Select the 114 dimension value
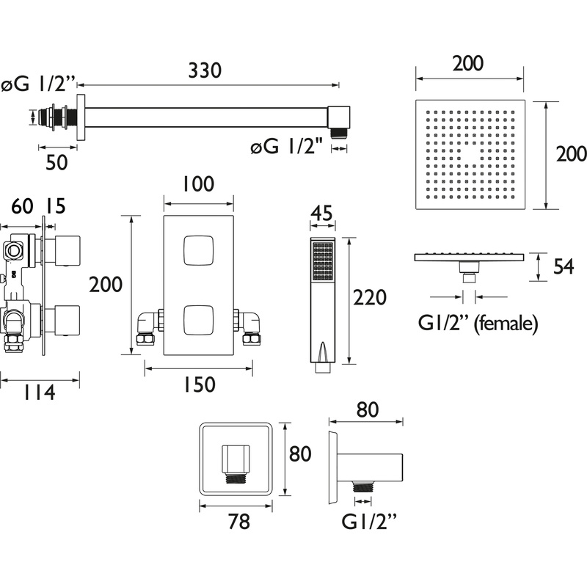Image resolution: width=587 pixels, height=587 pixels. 34,393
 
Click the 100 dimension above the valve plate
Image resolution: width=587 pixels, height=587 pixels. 198,184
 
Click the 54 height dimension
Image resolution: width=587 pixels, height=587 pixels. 563,268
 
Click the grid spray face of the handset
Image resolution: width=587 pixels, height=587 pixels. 321,262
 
